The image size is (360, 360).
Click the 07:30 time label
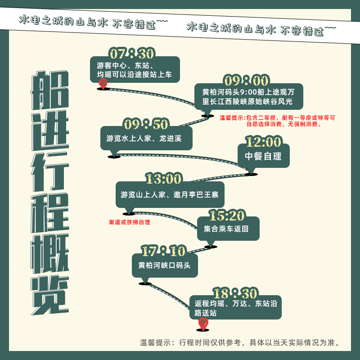(132, 54)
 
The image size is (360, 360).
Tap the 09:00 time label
(246, 81)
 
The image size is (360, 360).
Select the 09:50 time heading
(146, 124)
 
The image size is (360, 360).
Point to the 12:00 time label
(263, 141)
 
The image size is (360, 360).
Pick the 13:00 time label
(164, 178)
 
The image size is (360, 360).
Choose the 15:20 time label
(227, 215)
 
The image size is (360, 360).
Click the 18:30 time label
(235, 293)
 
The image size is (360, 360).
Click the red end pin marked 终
(203, 324)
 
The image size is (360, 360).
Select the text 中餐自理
(263, 156)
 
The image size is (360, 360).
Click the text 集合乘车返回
(226, 229)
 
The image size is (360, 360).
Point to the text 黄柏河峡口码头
(164, 265)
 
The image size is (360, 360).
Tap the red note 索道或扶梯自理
(130, 222)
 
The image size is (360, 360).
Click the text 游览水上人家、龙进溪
(144, 138)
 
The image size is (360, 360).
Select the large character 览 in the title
(50, 295)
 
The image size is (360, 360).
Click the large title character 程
(50, 212)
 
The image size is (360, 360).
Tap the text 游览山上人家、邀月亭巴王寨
(170, 195)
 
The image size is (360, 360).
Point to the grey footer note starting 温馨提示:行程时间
(240, 342)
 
